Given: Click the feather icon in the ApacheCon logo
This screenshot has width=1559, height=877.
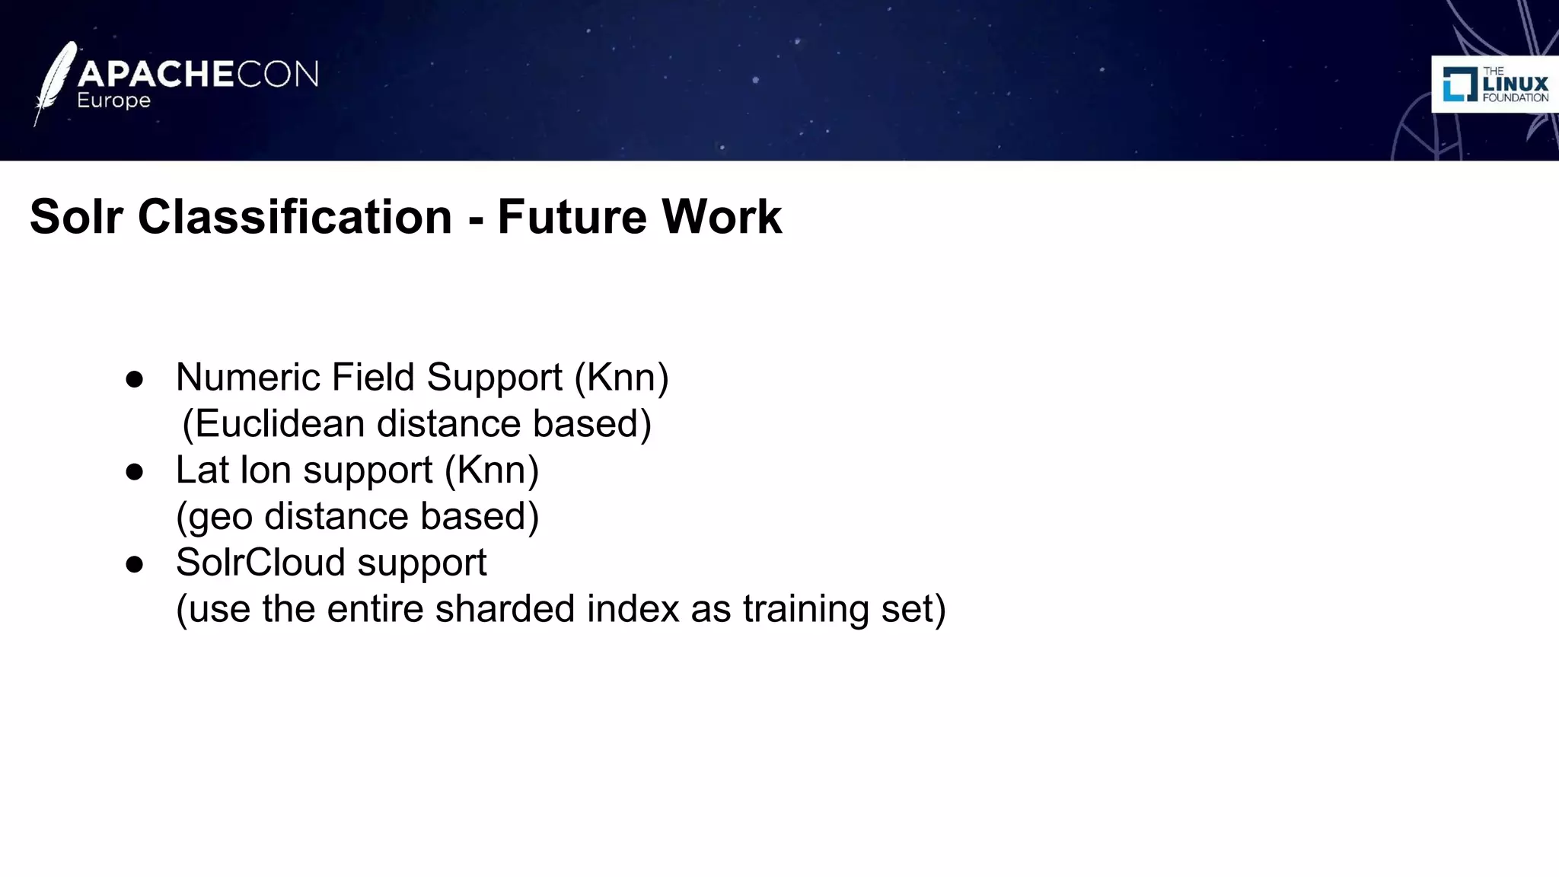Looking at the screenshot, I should click(x=55, y=82).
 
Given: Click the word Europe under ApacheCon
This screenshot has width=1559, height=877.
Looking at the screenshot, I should click(x=113, y=101).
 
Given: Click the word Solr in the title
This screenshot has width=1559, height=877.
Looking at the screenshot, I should click(x=76, y=217).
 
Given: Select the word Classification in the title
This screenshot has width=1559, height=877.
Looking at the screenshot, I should click(x=295, y=217).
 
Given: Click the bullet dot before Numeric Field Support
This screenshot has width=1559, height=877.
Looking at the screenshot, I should click(x=135, y=379).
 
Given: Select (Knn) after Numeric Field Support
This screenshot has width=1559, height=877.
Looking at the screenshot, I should click(x=621, y=378).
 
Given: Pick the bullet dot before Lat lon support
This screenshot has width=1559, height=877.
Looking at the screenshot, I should click(x=135, y=472).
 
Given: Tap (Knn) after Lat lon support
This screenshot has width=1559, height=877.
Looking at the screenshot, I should click(x=492, y=470).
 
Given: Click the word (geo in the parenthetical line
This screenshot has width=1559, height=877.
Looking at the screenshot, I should click(x=214, y=517).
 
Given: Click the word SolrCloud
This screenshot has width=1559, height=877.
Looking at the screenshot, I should click(x=260, y=563).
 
